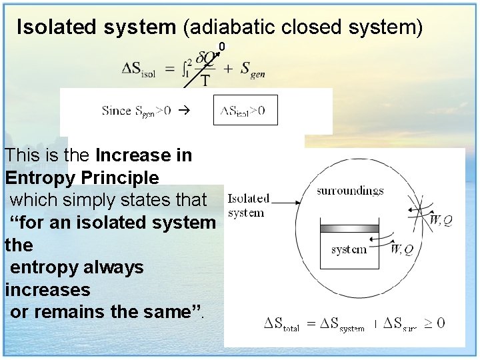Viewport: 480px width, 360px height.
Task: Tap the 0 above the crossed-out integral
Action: tap(222, 46)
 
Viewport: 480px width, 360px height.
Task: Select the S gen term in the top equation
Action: tap(253, 69)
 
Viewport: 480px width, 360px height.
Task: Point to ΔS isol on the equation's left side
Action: tap(139, 69)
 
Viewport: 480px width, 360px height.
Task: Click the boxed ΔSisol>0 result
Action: tap(245, 111)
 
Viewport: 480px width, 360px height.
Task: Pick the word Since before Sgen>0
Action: tap(117, 111)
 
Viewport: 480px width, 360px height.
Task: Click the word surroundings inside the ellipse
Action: tap(350, 191)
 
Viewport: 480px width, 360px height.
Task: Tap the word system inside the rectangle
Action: tap(349, 249)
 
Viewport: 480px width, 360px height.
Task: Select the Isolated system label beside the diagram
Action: tap(249, 205)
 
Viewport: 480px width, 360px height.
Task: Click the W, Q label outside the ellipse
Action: tap(441, 220)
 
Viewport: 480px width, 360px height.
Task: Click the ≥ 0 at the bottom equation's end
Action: tap(435, 323)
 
